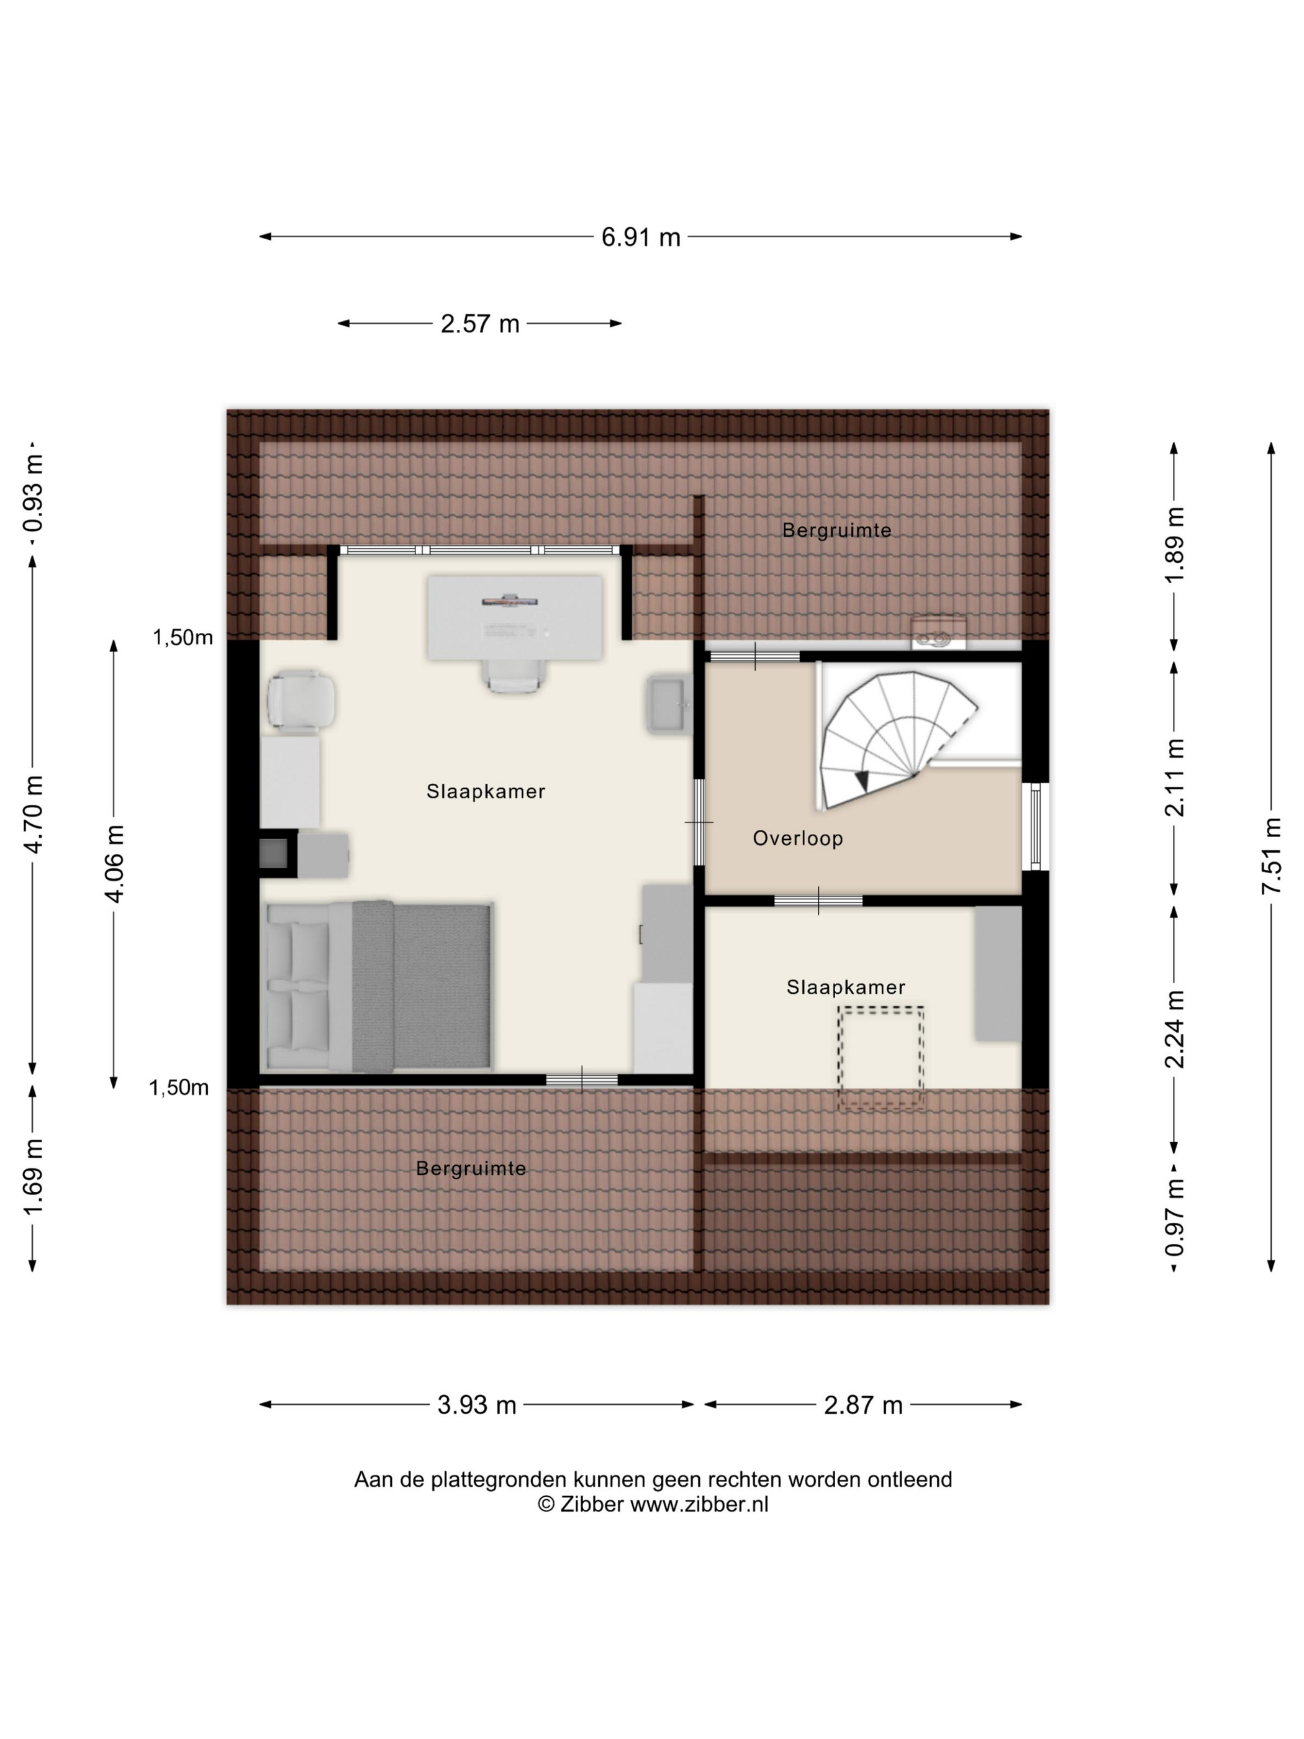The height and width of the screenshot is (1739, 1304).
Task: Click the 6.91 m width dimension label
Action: [641, 237]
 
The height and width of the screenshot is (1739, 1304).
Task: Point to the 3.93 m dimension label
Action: [476, 1404]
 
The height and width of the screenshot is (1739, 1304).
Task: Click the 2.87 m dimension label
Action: [863, 1404]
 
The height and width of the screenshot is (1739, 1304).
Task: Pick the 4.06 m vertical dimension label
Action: [114, 863]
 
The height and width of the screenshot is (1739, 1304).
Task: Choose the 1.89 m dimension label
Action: [1174, 545]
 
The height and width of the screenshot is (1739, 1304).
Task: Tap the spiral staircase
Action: [896, 739]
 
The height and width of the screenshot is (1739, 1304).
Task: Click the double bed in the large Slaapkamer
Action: [379, 987]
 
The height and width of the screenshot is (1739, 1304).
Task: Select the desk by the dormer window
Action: [515, 617]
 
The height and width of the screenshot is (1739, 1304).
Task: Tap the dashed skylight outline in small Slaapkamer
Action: [881, 1058]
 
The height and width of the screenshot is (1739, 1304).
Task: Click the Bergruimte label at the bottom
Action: [471, 1168]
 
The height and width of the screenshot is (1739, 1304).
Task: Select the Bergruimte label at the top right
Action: [836, 530]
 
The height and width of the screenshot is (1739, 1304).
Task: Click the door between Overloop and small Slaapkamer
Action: [818, 901]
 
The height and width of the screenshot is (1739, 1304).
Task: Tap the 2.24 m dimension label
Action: [1174, 1029]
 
